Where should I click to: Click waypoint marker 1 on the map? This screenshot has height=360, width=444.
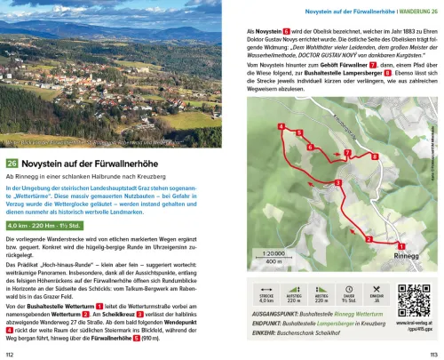(x=401, y=246)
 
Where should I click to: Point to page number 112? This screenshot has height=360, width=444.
(x=11, y=352)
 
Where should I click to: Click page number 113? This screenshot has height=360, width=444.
(x=432, y=352)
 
